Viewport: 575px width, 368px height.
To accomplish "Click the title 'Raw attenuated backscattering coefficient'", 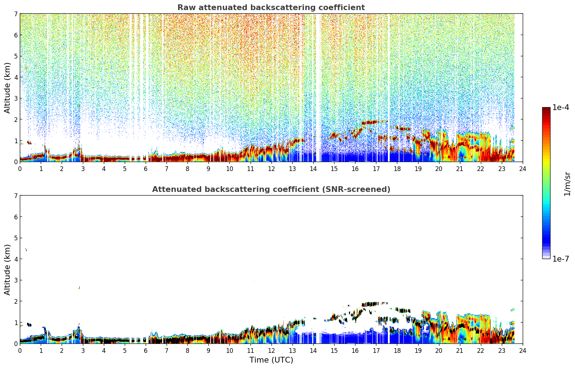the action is click(x=271, y=8).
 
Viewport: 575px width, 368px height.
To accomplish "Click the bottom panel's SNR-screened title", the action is click(x=271, y=189).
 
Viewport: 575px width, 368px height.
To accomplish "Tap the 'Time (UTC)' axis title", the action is click(x=271, y=360).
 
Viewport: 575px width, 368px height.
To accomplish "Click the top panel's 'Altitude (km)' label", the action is click(x=7, y=88).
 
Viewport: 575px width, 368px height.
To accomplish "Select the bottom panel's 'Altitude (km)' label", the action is click(x=7, y=270).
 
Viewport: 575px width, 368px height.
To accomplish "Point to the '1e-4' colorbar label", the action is click(x=561, y=108).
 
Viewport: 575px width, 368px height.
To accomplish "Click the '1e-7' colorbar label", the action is click(x=561, y=259).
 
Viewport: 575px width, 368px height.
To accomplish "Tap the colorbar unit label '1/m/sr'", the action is click(x=567, y=184).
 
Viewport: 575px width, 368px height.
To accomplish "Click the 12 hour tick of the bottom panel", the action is click(x=271, y=351).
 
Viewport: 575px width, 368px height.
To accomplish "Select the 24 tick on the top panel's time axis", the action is click(x=523, y=169).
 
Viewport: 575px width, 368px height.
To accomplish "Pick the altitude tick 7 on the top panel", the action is click(x=16, y=14).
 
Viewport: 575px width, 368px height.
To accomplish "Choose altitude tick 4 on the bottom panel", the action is click(x=16, y=259).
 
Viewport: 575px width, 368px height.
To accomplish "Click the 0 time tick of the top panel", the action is click(x=20, y=169).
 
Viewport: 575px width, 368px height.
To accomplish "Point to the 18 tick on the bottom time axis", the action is click(x=397, y=351).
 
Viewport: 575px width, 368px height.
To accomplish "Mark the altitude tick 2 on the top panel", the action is click(x=16, y=119).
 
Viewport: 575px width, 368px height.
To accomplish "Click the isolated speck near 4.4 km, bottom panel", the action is click(x=26, y=250).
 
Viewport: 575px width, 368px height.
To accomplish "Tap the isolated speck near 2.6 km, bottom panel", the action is click(x=79, y=288).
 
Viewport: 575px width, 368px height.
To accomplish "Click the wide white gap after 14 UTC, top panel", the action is click(x=318, y=87).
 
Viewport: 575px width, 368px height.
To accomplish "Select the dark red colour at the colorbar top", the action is click(x=546, y=109).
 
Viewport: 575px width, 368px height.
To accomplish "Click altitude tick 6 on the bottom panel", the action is click(x=16, y=217).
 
